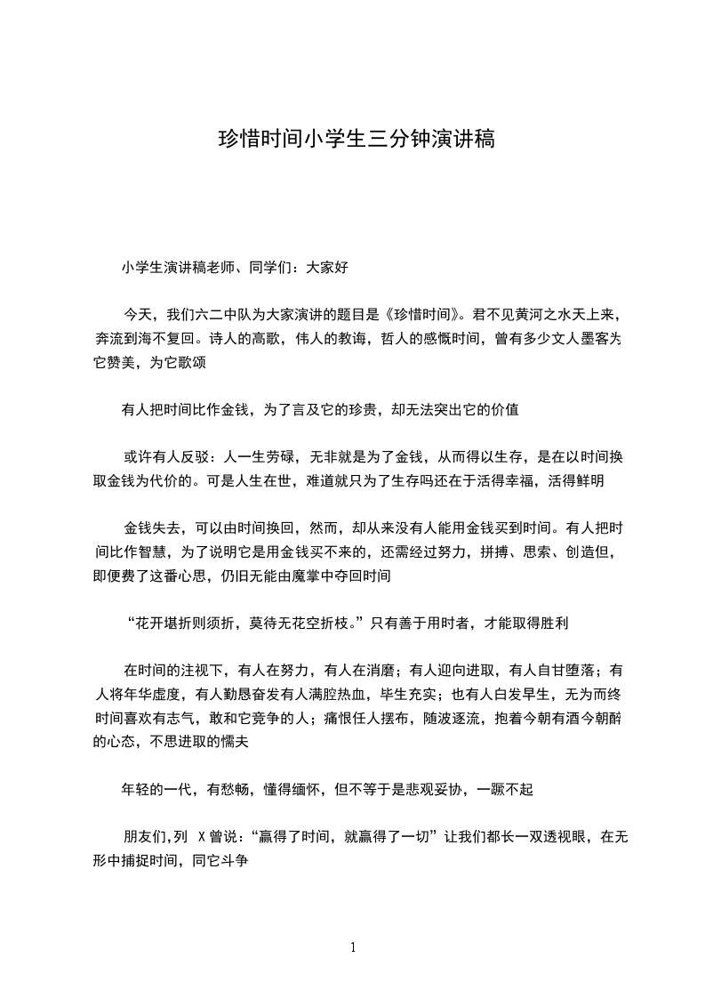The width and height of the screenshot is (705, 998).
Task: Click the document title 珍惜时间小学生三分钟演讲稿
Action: [x=352, y=140]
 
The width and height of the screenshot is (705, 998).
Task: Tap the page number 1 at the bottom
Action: [x=353, y=947]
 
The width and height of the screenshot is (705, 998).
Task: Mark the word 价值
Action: [x=513, y=410]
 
